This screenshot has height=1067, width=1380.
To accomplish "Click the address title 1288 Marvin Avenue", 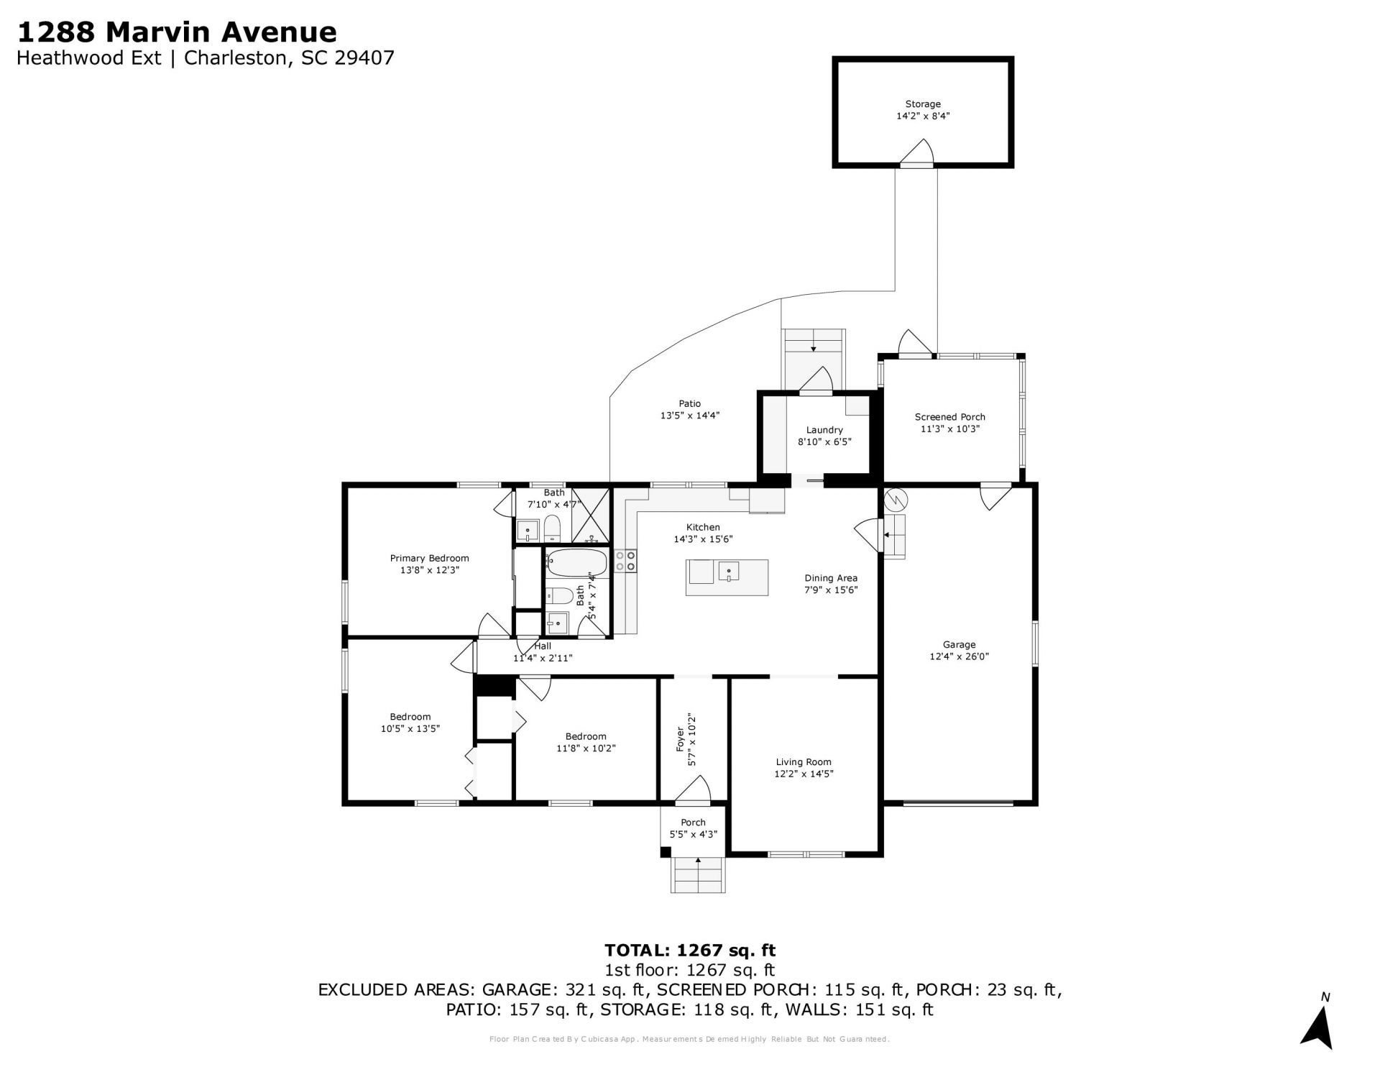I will point(176,32).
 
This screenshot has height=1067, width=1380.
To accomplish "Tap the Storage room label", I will point(922,104).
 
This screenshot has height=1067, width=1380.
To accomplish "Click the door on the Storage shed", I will point(916,155).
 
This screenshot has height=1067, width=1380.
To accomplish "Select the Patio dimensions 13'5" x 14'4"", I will point(689,416).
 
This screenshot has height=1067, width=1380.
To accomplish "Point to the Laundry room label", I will point(824,430).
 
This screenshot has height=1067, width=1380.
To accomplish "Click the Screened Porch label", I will point(949,417).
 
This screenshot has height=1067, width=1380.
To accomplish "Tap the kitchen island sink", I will point(729,573).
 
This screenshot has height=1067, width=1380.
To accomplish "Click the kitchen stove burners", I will point(625,561).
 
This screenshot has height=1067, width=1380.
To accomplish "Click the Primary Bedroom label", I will point(429,558).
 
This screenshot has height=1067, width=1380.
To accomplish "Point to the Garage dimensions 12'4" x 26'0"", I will point(959,656).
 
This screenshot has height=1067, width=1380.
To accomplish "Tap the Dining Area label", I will point(830,578).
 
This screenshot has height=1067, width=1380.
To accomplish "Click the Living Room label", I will point(803,762).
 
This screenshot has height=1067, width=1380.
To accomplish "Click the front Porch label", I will point(693,823).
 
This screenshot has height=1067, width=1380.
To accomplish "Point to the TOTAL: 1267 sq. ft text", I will point(690,951).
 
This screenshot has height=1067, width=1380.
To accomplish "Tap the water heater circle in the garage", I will point(896,499).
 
